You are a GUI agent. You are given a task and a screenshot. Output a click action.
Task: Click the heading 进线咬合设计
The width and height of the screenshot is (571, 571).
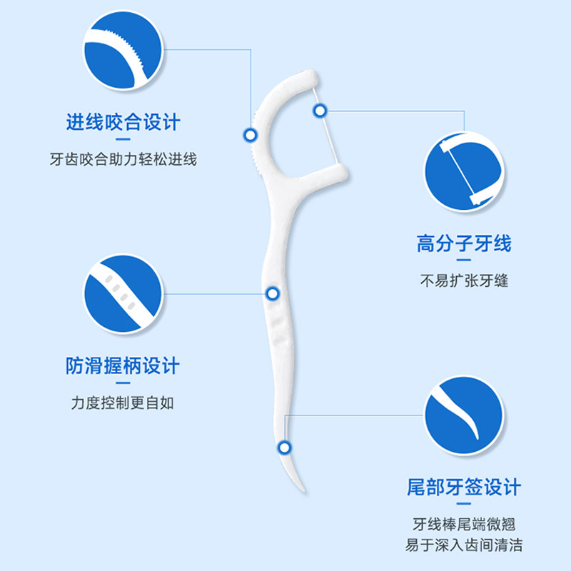123,122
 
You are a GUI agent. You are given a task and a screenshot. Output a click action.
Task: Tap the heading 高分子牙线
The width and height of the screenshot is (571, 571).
464,244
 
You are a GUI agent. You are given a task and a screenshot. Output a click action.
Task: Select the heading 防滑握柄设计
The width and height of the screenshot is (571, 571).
123,367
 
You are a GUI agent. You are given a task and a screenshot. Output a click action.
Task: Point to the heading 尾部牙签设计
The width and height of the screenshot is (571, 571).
464,488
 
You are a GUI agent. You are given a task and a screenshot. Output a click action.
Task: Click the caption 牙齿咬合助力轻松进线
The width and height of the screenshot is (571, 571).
123,159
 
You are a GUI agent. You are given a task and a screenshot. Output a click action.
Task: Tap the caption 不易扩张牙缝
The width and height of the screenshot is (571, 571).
464,281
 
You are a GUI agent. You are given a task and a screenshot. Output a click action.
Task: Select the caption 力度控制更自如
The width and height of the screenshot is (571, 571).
123,403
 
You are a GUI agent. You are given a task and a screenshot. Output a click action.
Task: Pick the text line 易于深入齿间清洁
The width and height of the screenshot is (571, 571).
464,545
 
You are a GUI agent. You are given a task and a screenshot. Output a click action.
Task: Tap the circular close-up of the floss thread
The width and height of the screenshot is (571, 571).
464,171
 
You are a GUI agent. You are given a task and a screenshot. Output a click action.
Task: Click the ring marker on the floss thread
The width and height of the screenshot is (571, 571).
320,110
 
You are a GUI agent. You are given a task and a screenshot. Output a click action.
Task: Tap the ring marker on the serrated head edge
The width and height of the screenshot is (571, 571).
250,133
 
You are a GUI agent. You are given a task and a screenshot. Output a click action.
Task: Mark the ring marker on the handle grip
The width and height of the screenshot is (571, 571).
272,293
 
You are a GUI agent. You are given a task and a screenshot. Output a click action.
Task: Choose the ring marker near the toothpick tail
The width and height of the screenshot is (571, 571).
285,448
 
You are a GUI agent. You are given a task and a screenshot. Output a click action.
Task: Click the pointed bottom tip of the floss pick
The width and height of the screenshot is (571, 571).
303,491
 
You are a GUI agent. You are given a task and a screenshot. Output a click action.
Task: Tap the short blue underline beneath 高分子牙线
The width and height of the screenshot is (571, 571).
464,261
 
